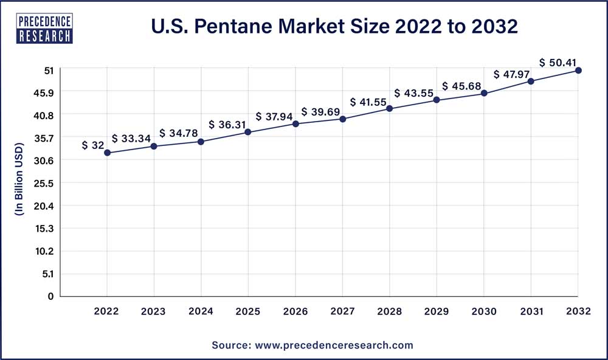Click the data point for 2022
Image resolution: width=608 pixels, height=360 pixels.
click(x=107, y=153)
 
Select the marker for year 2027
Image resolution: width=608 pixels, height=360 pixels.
click(x=342, y=119)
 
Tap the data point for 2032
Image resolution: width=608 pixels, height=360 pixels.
click(x=578, y=71)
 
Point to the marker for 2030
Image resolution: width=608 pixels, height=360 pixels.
click(x=484, y=93)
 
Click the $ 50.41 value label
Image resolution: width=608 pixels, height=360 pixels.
click(x=558, y=62)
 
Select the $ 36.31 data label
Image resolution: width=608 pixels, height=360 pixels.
click(x=227, y=125)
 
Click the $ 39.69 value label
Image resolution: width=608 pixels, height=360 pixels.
click(x=320, y=112)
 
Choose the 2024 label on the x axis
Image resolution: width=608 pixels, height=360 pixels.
click(x=201, y=311)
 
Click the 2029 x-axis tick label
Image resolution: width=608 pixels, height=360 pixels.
click(x=437, y=311)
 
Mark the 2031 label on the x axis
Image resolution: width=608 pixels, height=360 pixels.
click(x=531, y=311)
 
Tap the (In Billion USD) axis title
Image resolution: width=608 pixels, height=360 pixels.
click(x=19, y=179)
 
